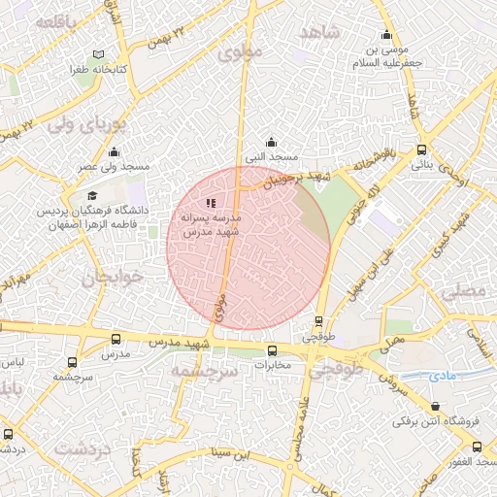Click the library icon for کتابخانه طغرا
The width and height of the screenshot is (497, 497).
pos(96,55)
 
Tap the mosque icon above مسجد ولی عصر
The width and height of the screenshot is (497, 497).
pos(115,151)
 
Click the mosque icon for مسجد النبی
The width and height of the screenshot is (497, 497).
pos(271,142)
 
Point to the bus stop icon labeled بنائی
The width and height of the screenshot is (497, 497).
pos(421,149)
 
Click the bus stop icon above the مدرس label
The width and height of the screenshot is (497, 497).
pos(116,340)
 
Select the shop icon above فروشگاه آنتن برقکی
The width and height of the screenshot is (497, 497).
pos(436,408)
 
